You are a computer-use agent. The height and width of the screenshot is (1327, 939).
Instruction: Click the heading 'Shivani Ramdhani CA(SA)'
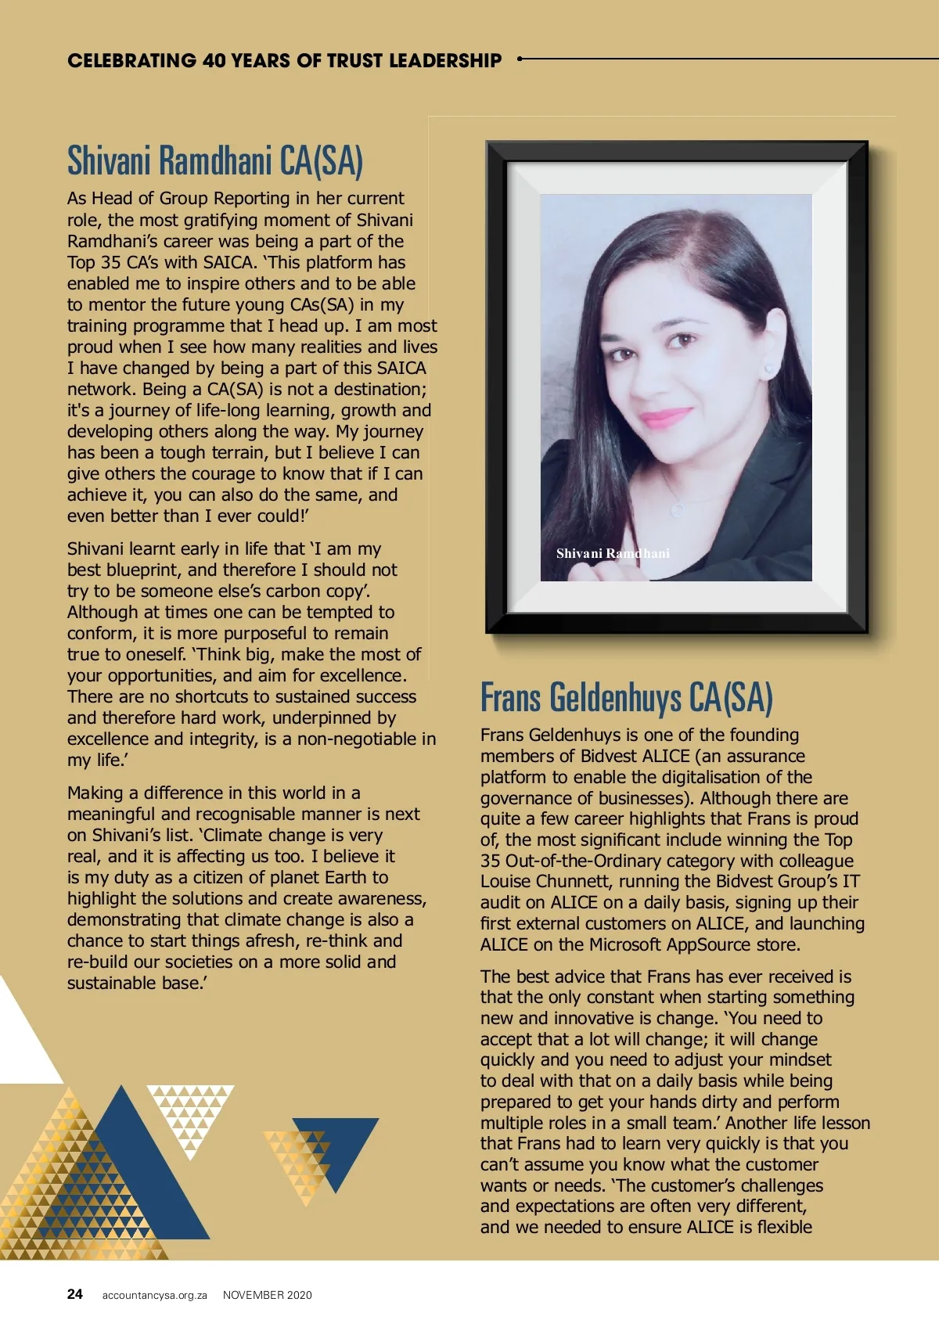[x=215, y=160]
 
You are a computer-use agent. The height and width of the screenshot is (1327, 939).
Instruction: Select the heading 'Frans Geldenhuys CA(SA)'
[x=626, y=697]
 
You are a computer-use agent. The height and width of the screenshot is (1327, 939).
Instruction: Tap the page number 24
[x=75, y=1294]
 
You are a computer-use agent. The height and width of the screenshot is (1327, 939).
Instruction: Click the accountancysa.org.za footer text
[x=154, y=1295]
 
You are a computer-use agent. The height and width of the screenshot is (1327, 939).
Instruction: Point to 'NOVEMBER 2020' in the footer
[x=267, y=1295]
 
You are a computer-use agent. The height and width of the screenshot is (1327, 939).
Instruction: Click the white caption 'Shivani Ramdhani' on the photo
[x=613, y=553]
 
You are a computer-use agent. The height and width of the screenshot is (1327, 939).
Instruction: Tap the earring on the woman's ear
[x=768, y=367]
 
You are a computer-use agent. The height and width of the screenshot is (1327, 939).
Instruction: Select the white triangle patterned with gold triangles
[x=190, y=1115]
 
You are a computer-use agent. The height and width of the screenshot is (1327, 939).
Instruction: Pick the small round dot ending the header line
[x=520, y=59]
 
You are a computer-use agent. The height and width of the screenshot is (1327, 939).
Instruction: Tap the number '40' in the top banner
[x=214, y=60]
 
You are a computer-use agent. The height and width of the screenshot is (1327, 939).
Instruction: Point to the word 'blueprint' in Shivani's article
[x=140, y=570]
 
